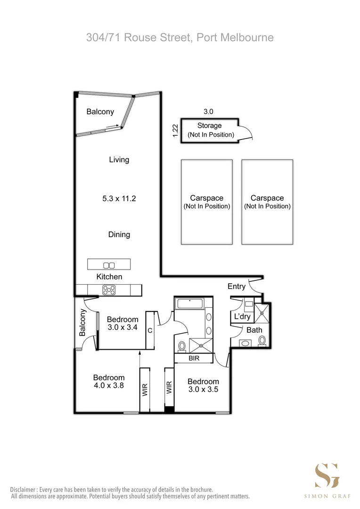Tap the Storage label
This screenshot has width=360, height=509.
[209, 126]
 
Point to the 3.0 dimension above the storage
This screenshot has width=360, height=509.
[208, 112]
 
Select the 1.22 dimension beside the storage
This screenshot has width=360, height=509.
[175, 131]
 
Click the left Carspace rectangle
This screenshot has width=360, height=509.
[206, 202]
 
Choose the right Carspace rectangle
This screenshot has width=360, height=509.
[267, 202]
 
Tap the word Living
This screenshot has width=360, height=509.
[119, 160]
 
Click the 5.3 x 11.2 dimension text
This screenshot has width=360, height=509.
[119, 199]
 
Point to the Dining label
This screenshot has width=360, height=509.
[119, 234]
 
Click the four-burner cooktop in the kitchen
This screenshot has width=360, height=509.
[109, 290]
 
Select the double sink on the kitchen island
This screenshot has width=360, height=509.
[109, 265]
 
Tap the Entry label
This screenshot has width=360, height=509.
[236, 287]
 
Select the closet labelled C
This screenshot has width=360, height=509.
[150, 330]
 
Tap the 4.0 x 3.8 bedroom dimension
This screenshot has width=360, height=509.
[109, 385]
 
